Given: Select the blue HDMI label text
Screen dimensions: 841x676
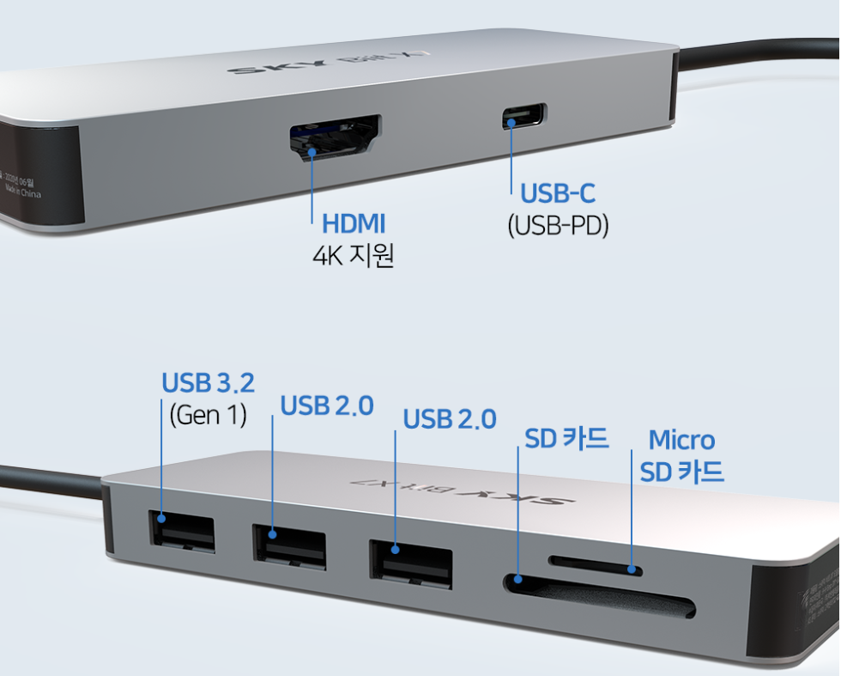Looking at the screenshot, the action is [x=354, y=224].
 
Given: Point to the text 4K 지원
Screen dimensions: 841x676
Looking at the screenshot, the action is [x=353, y=256].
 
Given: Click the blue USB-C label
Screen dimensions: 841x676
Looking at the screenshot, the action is [x=558, y=193].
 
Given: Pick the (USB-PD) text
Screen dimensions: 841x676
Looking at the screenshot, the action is [x=558, y=225].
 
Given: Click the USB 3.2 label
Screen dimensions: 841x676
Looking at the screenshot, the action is [x=208, y=383].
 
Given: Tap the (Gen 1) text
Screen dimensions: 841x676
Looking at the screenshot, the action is [x=208, y=415].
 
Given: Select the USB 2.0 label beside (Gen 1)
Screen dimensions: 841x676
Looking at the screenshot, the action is [x=327, y=405].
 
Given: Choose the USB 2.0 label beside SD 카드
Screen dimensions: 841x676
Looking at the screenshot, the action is [x=450, y=419].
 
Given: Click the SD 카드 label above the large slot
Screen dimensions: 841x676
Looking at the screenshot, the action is [x=566, y=438].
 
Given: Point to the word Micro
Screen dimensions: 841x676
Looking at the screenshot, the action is [x=681, y=440].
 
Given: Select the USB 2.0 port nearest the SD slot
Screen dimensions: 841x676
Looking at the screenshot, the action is [x=410, y=563].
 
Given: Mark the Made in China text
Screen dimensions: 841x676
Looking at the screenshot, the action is [x=33, y=191].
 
